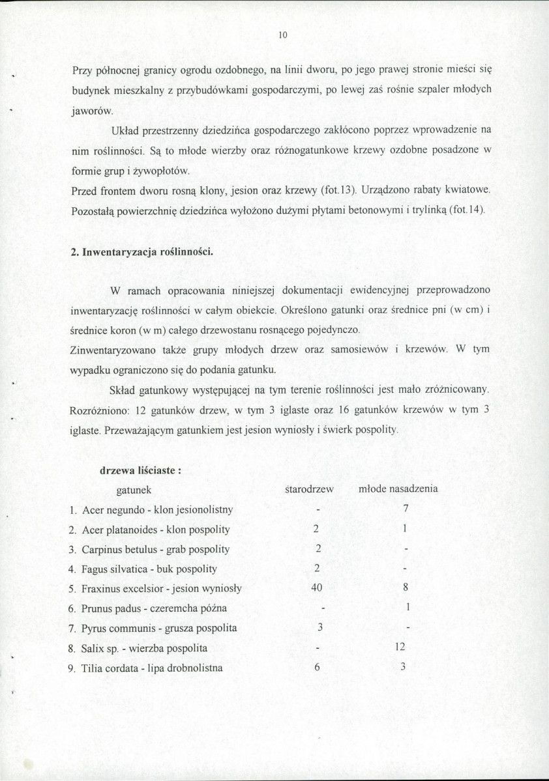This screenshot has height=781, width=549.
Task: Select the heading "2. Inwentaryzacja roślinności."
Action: click(x=140, y=252)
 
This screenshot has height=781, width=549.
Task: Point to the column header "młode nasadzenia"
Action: click(x=398, y=489)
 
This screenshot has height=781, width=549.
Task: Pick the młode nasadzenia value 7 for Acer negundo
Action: click(x=406, y=508)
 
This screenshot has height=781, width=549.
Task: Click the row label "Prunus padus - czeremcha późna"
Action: click(x=154, y=608)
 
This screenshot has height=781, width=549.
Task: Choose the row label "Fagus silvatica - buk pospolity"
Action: click(x=149, y=569)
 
